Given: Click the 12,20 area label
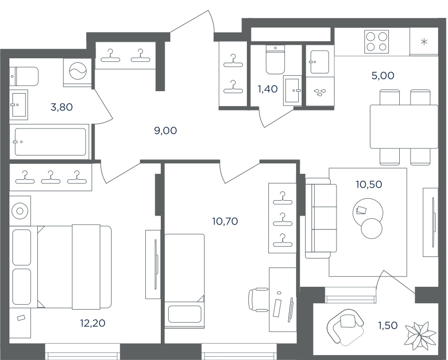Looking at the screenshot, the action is pos(93,323).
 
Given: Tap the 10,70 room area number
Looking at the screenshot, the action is pos(225,221).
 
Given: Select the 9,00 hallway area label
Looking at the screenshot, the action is pos(165,130).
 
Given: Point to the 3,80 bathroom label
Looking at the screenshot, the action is pos(61,107).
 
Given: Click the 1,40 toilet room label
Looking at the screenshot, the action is pos(268,89).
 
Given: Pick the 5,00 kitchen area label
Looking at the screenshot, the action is pos(383,76).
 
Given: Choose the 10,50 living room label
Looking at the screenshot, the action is pos(369,184).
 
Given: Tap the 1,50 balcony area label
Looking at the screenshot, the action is pos(388,325).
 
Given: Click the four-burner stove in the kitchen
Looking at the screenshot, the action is pos(377,42).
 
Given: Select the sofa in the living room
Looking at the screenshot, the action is pos(321,218).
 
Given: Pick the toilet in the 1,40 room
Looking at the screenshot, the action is pos(275,59).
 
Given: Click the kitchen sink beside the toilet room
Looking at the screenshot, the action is pos(320,62).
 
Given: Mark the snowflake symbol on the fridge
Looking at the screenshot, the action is pos(424,42).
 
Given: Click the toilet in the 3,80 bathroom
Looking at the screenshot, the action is pos(24,76).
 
